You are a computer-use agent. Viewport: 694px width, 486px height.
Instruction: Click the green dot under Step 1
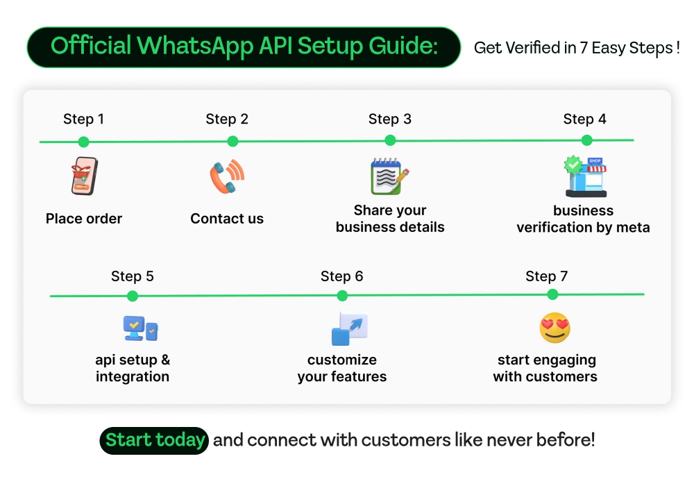pos(83,142)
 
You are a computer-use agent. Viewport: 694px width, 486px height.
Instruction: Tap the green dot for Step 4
pos(586,140)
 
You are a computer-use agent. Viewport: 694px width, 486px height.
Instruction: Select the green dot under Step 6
pos(342,296)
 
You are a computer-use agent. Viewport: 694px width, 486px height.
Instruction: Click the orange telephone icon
pos(227,176)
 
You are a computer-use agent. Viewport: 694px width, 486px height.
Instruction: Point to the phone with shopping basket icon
pos(84,176)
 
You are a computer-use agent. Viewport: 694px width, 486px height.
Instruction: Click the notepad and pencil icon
pos(389,176)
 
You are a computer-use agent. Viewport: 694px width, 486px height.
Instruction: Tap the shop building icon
pos(586,177)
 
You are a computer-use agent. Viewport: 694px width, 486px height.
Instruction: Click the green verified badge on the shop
pos(573,165)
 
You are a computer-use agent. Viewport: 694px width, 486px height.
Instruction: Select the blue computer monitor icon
pos(135,328)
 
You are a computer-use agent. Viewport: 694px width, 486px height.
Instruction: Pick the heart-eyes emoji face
pos(555,328)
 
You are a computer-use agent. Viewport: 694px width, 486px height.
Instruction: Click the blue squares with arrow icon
pos(349,329)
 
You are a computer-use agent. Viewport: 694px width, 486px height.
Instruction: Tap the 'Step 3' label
pos(390,119)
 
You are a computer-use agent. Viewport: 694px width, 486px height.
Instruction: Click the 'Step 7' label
pos(547,276)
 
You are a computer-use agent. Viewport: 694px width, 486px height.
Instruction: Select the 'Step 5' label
pos(133,276)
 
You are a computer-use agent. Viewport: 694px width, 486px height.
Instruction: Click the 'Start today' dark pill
pos(155,440)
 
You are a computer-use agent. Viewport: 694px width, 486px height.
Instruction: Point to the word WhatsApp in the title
pos(195,47)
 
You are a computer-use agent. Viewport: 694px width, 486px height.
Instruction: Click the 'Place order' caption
pos(84,219)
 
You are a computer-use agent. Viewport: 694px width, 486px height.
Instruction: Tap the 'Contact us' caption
pos(227,219)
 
